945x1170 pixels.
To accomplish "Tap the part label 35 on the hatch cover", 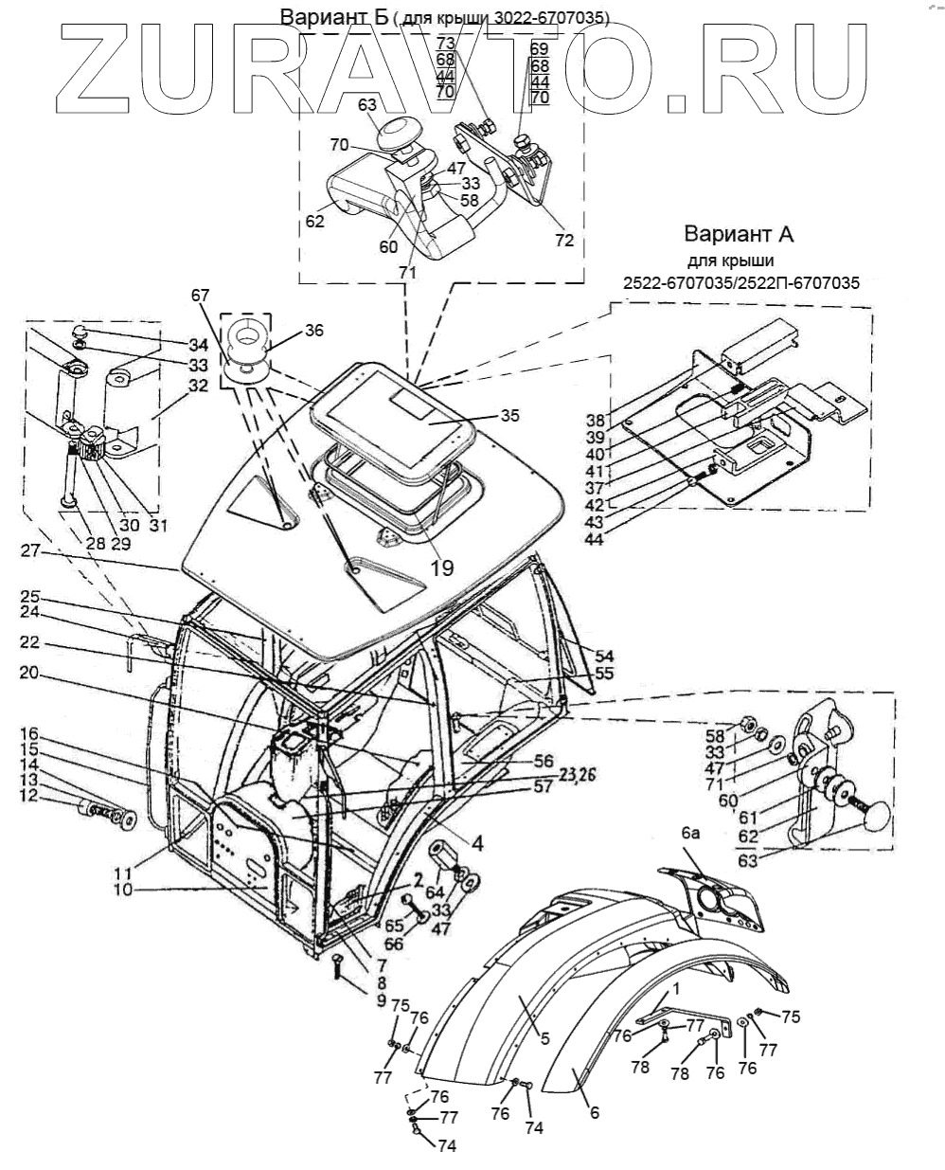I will (x=510, y=415).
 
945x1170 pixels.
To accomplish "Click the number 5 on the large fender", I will (x=545, y=1038).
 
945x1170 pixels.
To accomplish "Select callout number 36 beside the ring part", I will (x=314, y=332).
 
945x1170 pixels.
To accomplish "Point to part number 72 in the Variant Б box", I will (x=564, y=241).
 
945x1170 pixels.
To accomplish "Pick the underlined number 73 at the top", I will (x=446, y=44).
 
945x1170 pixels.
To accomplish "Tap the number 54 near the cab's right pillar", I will (x=604, y=656).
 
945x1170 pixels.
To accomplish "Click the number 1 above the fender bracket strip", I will (x=674, y=987).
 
